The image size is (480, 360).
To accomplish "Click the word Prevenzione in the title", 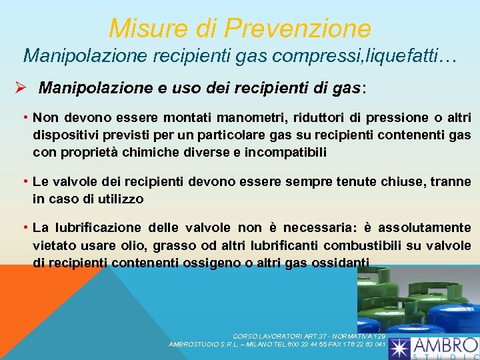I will tap(297, 29).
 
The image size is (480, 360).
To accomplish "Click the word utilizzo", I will tap(121, 199).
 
